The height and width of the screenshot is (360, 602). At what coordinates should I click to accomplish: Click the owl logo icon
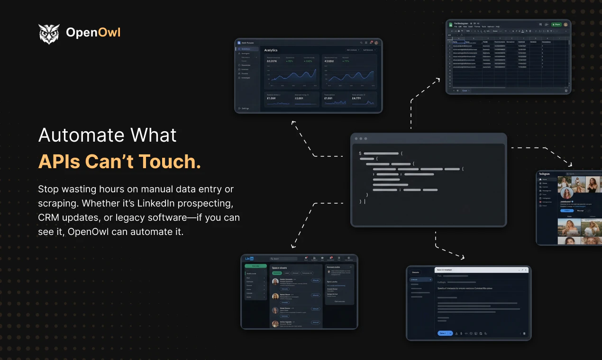coord(49,34)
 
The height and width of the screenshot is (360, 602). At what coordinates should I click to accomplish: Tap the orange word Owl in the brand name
coord(109,33)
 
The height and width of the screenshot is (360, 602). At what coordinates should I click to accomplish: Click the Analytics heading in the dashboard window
coord(271,50)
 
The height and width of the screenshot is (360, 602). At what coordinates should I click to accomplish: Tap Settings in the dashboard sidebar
coord(245,108)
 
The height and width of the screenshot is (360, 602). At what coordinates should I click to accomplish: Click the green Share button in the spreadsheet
coord(556,25)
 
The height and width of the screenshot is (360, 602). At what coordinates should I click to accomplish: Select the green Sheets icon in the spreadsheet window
coord(450,24)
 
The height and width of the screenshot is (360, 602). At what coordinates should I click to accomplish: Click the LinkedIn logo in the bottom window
coord(249,259)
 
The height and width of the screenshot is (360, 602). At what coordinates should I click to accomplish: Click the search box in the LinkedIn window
coord(283,259)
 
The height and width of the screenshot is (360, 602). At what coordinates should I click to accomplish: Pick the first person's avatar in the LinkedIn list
coord(275,282)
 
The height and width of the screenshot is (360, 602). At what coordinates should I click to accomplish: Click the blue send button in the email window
coord(444,333)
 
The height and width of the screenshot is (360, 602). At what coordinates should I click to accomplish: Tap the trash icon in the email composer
coord(524,333)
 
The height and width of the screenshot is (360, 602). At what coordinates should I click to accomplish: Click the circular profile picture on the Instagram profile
coord(566,193)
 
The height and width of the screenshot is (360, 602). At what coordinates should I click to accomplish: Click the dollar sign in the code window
coord(360,153)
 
